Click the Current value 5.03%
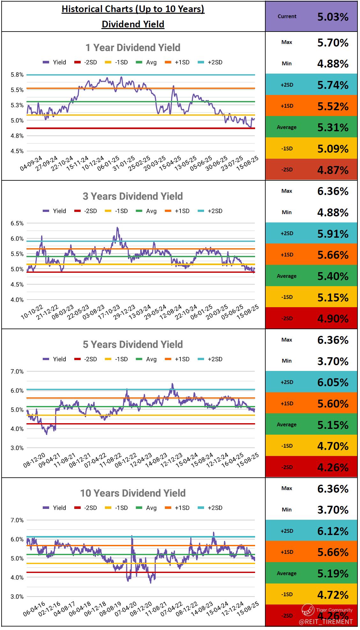coord(333,17)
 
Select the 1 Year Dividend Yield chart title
coord(133,48)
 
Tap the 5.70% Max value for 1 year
coord(333,43)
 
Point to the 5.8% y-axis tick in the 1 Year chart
coord(17,75)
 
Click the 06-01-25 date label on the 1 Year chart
coord(108,163)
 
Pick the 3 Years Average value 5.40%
coord(333,276)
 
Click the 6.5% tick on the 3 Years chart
coord(17,223)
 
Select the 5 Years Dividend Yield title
coord(133,344)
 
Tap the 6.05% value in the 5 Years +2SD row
coord(333,382)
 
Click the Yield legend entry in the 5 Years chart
coord(55,359)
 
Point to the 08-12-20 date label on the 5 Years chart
coord(34,460)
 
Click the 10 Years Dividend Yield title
coord(133,493)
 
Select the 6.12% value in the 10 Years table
coord(333,531)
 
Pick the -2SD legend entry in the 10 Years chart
coord(86,508)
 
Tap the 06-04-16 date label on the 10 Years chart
coord(34,609)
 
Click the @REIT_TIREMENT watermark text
coord(326,622)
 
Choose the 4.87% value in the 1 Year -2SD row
coord(333,170)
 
